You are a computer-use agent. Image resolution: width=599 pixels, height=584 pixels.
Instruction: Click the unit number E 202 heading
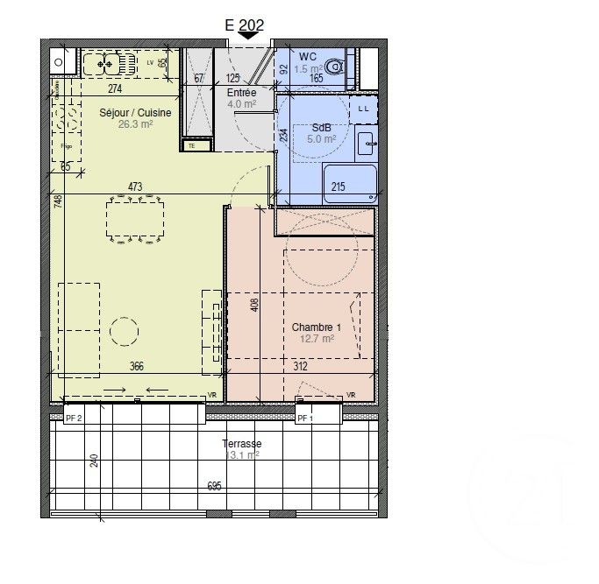245,25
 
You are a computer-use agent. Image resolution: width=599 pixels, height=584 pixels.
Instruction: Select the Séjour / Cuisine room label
134,112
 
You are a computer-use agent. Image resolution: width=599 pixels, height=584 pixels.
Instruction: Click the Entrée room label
241,92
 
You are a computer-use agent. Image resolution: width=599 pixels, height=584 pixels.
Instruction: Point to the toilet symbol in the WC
333,67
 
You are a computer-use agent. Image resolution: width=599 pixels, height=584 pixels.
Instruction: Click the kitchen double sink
108,63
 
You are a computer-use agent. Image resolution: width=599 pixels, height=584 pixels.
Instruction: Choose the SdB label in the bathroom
323,128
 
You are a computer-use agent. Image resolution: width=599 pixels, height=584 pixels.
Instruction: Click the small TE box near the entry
192,146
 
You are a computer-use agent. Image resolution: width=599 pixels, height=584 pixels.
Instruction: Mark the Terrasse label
242,443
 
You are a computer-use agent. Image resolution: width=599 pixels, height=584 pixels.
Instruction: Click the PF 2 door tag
74,419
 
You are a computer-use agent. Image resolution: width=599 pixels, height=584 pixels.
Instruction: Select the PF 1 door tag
304,419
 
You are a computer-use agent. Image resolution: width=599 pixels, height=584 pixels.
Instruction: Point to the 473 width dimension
134,186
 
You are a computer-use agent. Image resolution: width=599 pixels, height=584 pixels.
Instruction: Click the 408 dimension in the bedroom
254,305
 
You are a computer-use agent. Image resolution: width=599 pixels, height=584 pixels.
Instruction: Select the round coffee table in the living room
124,331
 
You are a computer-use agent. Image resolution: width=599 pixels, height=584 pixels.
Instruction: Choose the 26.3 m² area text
136,124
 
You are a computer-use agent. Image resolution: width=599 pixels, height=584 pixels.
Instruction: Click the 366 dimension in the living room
135,366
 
